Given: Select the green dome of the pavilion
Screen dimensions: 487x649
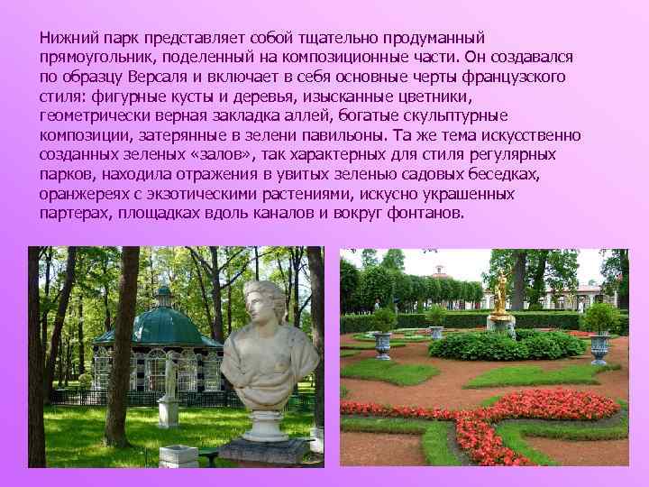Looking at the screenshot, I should pyautogui.click(x=163, y=323).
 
